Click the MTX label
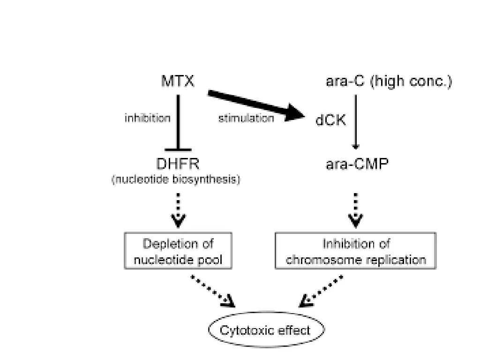(x=177, y=82)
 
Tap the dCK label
(x=331, y=120)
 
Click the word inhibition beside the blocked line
(x=147, y=119)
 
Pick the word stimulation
(x=246, y=119)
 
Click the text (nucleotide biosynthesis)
(x=176, y=180)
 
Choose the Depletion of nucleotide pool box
(x=178, y=252)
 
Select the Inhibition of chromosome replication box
(x=356, y=252)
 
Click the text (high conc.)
(x=411, y=82)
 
